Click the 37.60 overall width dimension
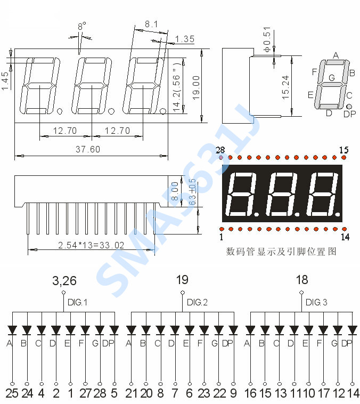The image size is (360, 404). [88, 149]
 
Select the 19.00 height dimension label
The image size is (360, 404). [196, 87]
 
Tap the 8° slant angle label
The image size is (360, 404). [82, 26]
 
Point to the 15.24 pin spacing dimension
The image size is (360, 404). [285, 87]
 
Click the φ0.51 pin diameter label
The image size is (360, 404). [267, 39]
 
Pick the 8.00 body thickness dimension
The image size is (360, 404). [175, 191]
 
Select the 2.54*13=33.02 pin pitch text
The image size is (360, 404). [91, 245]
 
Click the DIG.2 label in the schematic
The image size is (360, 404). [197, 302]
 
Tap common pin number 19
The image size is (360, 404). [182, 280]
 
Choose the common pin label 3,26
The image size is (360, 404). [64, 281]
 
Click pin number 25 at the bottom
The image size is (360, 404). [12, 393]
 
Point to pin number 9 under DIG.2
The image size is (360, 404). [233, 393]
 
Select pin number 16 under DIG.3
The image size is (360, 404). [250, 393]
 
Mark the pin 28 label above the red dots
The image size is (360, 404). [220, 150]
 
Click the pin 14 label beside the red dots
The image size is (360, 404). [345, 237]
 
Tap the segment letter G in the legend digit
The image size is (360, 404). [332, 77]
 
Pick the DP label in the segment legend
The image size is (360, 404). [350, 114]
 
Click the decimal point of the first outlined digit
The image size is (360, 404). [60, 111]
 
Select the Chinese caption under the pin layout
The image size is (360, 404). [281, 251]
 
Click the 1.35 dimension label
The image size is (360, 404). [185, 39]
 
